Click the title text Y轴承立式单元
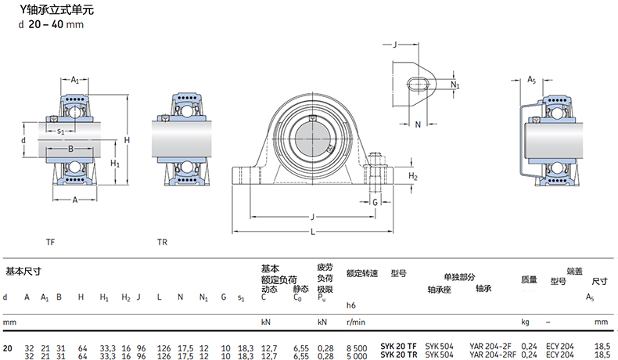57,10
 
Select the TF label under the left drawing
50,242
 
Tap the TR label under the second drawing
162,242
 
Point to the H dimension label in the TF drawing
127,139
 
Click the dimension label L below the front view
313,232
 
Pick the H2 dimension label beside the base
413,176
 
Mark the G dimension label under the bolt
375,202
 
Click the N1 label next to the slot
455,85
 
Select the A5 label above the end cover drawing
532,80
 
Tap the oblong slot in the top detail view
419,85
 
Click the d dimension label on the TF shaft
23,140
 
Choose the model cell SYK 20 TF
398,347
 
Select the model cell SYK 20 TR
398,355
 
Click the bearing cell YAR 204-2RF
493,355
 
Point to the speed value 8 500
357,348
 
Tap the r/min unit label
356,322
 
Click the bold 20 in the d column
8,348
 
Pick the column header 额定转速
362,273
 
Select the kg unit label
525,322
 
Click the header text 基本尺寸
23,272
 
